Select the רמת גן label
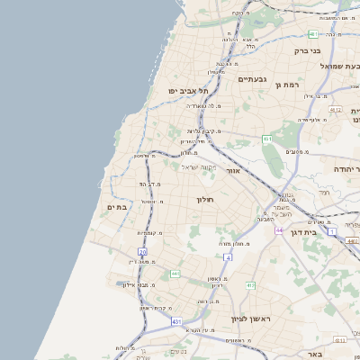287,84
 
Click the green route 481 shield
313,34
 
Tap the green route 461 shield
267,139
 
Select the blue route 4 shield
228,257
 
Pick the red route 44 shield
279,230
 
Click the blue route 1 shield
331,232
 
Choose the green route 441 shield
175,273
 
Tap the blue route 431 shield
177,320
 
